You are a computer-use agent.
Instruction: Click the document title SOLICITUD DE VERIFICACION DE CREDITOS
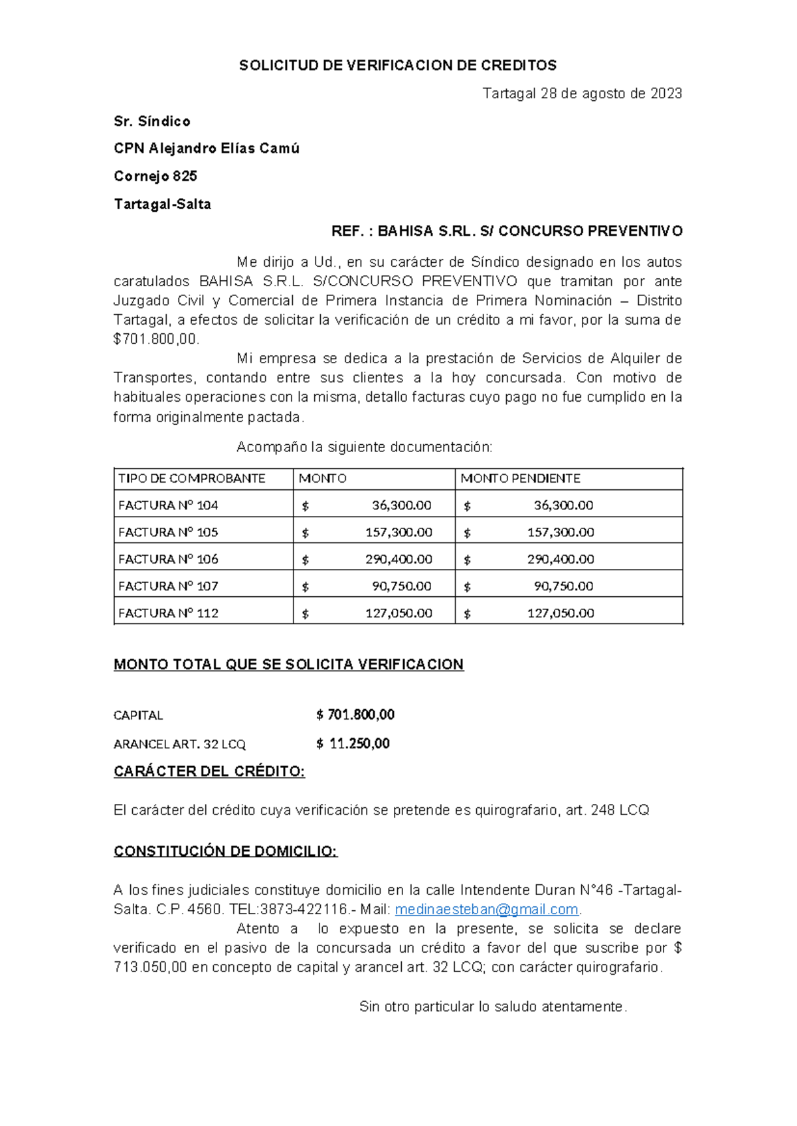(398, 65)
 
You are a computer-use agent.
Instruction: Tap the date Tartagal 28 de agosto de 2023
(582, 93)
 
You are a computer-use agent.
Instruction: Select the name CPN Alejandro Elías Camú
(207, 148)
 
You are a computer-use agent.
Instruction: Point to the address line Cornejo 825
(155, 176)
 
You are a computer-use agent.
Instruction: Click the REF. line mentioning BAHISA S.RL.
(507, 231)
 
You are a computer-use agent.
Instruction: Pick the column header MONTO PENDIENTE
(520, 478)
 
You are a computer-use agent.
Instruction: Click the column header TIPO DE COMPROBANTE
(191, 478)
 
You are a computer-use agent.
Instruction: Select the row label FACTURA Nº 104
(168, 505)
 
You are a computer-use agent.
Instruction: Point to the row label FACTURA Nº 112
(168, 613)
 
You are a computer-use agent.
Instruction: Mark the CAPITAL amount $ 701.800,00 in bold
(355, 714)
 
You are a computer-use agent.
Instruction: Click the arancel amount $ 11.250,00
(353, 744)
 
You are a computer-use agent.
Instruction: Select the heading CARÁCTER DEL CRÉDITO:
(209, 771)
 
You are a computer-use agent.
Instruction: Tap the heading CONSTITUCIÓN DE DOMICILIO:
(226, 851)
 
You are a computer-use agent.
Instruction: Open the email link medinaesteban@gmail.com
(487, 909)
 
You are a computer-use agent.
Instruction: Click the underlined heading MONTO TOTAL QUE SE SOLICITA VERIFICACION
(288, 665)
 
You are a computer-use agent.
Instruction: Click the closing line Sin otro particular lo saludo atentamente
(493, 1006)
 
